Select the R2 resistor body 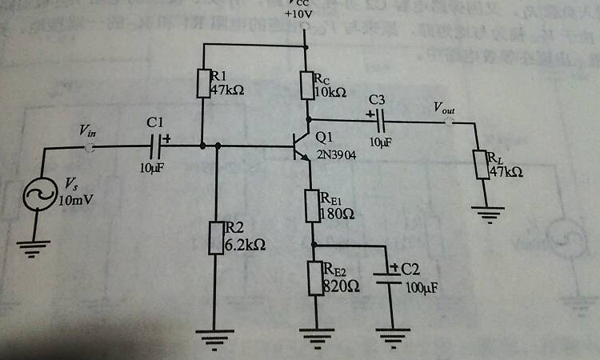pyautogui.click(x=216, y=238)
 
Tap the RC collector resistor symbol pyautogui.click(x=307, y=86)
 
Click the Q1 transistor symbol pyautogui.click(x=302, y=147)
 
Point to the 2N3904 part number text pyautogui.click(x=337, y=154)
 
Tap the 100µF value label pyautogui.click(x=422, y=287)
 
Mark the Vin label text pyautogui.click(x=90, y=130)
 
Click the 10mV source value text pyautogui.click(x=76, y=200)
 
